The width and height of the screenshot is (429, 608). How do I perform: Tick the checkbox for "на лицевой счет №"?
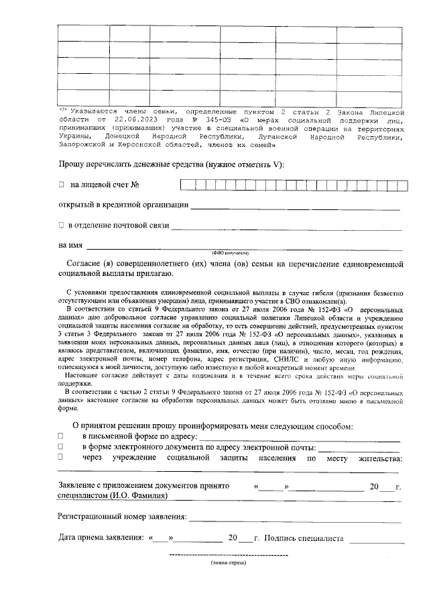coord(61,184)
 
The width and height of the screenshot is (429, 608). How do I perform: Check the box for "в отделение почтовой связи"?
coord(61,225)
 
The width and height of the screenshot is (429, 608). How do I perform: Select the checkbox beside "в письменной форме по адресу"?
coord(61,436)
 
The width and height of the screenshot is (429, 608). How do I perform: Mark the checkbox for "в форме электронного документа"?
coord(61,447)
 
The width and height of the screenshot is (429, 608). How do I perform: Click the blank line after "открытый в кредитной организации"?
coord(295,206)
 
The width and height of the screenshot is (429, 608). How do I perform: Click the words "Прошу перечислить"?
coord(97,164)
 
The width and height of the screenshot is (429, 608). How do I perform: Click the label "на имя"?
coord(70,246)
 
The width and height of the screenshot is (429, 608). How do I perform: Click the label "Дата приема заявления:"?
coord(101,538)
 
